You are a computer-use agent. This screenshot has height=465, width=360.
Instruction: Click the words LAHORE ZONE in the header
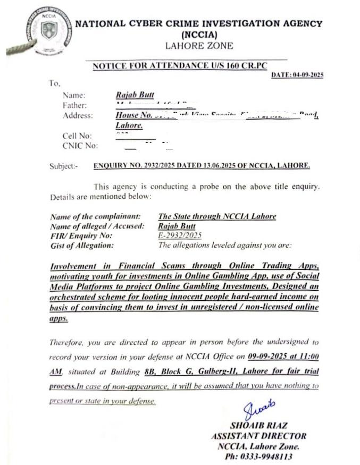(x=199, y=46)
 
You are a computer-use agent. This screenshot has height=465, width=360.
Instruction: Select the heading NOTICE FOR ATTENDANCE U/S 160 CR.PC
(x=179, y=66)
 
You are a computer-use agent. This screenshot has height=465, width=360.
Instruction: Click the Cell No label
(x=77, y=136)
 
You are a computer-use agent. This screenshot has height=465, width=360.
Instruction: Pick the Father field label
(x=74, y=105)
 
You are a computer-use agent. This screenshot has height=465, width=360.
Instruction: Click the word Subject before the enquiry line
(x=63, y=166)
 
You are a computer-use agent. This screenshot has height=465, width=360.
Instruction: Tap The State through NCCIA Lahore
(x=217, y=216)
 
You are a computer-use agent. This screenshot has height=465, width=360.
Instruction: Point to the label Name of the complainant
(x=95, y=217)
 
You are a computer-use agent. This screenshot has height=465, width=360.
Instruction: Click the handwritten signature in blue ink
(x=259, y=411)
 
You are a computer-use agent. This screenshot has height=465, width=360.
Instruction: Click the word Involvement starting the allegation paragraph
(x=73, y=266)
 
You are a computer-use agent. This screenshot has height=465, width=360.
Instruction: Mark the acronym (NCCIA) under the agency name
(x=199, y=34)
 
